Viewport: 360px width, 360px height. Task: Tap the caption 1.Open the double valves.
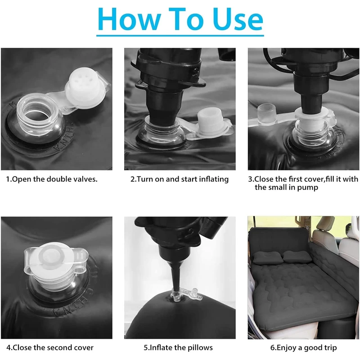[52, 179]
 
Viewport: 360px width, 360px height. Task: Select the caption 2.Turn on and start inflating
[180, 179]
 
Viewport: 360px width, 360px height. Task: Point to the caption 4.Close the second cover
[50, 347]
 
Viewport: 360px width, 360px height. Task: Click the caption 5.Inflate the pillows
[178, 347]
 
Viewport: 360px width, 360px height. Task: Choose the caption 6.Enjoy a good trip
[303, 347]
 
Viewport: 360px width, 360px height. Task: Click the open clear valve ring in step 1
[37, 114]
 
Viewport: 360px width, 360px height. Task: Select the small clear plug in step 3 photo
[267, 113]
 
